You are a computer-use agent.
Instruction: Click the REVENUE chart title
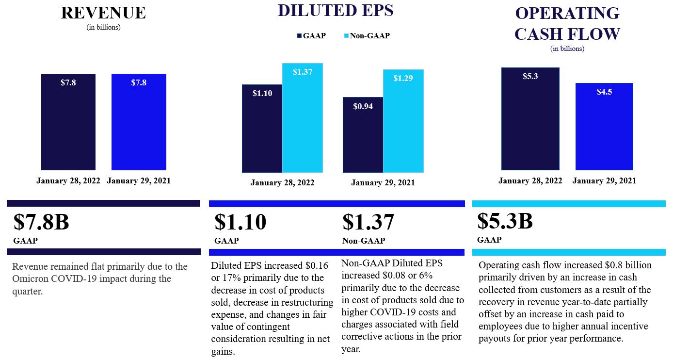click(103, 13)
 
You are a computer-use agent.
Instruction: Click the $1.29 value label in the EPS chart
click(403, 78)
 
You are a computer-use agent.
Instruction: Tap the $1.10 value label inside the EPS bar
click(262, 93)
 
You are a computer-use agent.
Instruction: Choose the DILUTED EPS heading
click(336, 10)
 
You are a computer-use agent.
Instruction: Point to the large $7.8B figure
click(41, 222)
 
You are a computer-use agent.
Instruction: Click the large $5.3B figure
click(505, 221)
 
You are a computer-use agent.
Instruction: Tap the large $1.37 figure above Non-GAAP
click(368, 222)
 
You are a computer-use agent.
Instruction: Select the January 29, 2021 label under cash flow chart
click(604, 180)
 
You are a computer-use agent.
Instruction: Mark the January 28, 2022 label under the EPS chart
click(282, 183)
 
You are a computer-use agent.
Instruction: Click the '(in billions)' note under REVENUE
click(103, 27)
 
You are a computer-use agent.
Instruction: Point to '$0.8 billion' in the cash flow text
click(629, 265)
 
